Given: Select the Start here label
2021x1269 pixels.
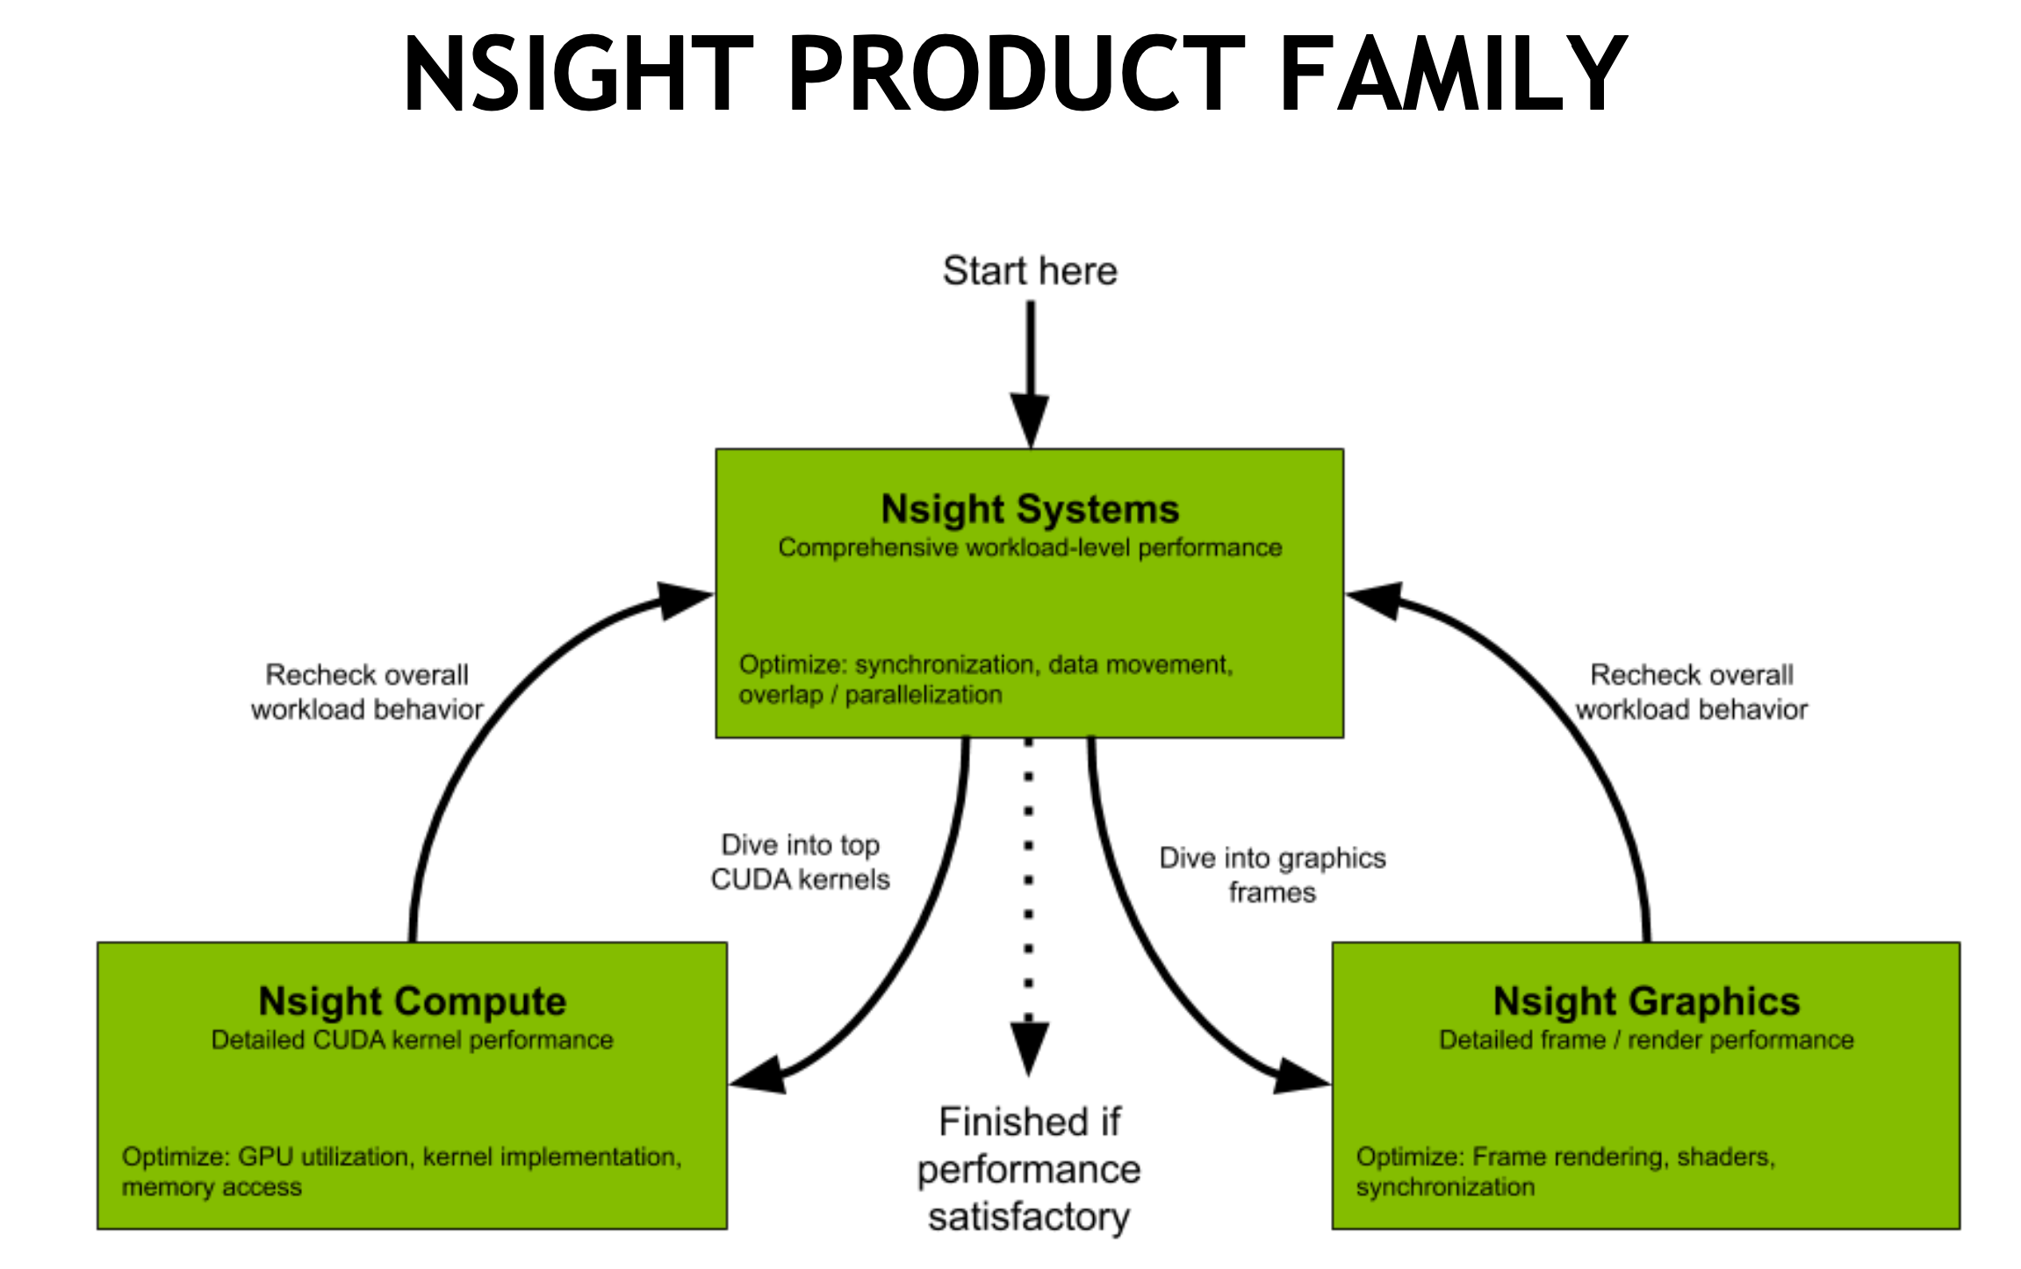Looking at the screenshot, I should point(1030,271).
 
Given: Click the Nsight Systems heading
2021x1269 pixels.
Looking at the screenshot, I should point(1030,509).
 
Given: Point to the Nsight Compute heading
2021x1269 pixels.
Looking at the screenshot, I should point(412,1001).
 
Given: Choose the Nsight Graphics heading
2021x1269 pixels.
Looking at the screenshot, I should point(1646,1001).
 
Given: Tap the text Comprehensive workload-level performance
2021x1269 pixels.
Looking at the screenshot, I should point(1030,548).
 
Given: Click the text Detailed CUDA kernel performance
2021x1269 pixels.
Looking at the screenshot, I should point(412,1040).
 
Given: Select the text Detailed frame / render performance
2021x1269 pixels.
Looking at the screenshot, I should point(1646,1040).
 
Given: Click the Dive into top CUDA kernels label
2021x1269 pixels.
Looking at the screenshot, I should point(800,862).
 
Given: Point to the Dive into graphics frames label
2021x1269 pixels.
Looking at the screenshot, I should point(1272,875).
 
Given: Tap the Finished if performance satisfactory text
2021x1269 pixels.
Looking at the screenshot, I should point(1029,1169).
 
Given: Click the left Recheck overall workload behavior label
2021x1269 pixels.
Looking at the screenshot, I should point(367,692).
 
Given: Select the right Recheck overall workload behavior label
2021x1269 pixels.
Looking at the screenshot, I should point(1692,692).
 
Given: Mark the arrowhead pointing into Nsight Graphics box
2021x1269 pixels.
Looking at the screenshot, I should point(1300,1077).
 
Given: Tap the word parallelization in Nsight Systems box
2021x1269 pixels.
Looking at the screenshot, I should point(924,695).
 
